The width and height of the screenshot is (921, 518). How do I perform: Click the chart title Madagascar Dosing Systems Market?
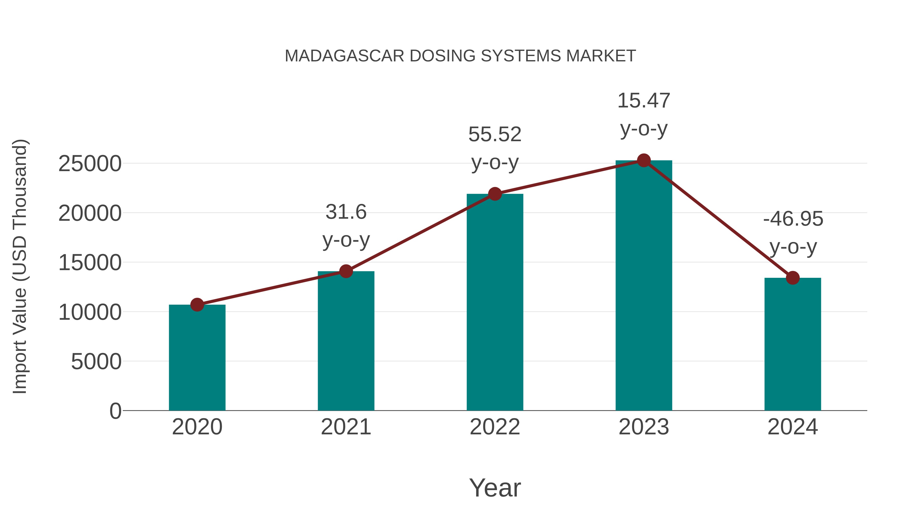point(460,56)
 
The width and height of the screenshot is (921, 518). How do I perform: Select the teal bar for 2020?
point(197,358)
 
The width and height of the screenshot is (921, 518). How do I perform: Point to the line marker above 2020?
point(197,305)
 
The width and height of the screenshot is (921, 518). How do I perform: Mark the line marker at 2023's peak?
point(644,160)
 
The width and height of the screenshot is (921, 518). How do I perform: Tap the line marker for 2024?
point(793,278)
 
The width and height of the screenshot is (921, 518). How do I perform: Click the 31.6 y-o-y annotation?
point(346,226)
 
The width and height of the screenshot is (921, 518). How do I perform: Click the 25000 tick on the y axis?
point(90,164)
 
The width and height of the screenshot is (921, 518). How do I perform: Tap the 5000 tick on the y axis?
point(96,361)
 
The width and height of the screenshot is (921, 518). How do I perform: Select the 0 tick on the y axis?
point(115,411)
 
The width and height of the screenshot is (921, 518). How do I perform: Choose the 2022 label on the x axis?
point(495,427)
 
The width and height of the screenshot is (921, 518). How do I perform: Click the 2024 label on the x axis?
point(793,427)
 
